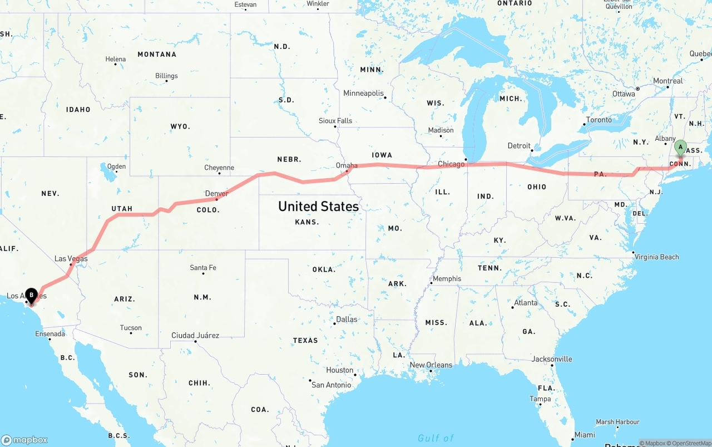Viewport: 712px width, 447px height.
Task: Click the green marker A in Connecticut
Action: (680, 148)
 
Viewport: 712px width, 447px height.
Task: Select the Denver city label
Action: (216, 194)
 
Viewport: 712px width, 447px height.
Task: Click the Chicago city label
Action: (451, 164)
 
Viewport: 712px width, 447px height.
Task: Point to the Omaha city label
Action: (347, 165)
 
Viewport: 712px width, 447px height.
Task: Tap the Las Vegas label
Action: (71, 258)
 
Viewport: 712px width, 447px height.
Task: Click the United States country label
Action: (318, 207)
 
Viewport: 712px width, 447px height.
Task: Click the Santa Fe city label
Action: (203, 268)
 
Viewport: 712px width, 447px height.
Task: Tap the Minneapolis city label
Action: (363, 93)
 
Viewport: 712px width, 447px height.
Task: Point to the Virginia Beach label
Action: (657, 257)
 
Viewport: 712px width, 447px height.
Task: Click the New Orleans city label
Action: (431, 365)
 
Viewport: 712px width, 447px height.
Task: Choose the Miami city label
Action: (585, 435)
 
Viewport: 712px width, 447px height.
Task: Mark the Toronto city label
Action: (599, 120)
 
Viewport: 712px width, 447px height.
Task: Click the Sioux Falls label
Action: (335, 120)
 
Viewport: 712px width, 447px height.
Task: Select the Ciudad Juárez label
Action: (195, 336)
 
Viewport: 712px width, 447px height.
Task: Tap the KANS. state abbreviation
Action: (307, 222)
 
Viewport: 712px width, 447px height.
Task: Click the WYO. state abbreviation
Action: (180, 127)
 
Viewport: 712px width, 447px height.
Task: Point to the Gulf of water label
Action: (436, 438)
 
